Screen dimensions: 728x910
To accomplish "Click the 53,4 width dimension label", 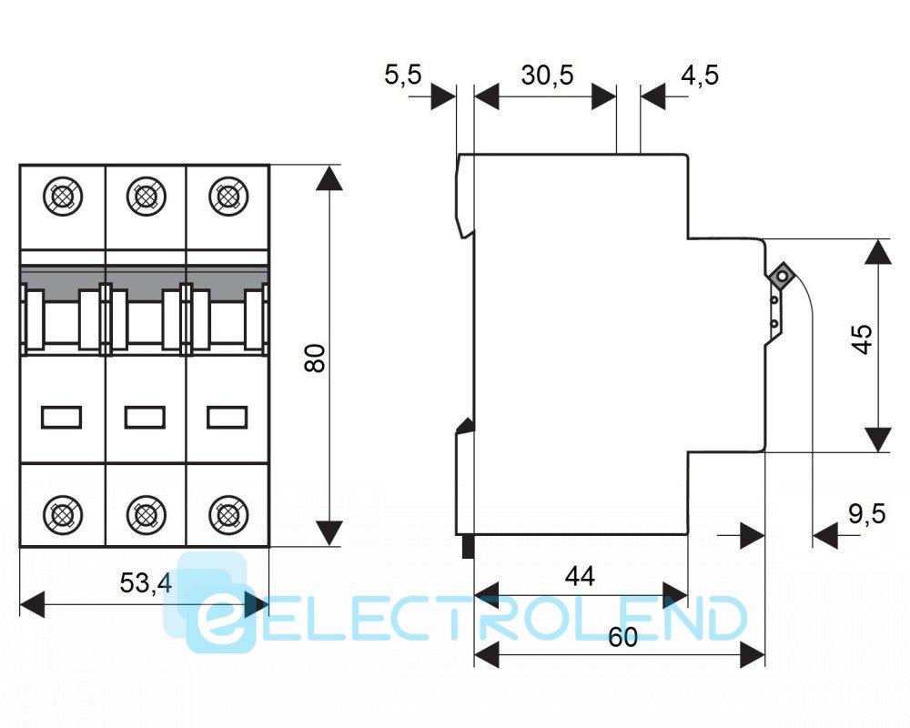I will [146, 582].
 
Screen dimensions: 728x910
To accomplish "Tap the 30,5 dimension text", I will [547, 75].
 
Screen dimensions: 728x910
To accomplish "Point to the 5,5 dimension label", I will [402, 75].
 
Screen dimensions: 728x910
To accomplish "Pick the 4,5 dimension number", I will [699, 75].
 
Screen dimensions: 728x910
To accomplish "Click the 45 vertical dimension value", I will [862, 339].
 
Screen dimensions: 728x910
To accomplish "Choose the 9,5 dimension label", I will [865, 514].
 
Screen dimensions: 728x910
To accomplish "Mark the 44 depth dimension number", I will [580, 575].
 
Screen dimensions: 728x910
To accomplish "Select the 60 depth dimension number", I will [622, 638].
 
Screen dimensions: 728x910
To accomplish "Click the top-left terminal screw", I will [62, 196].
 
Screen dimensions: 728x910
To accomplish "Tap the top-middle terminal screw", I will [144, 196].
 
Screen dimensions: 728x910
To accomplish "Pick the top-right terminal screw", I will [226, 196].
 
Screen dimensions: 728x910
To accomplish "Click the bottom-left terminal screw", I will [62, 515].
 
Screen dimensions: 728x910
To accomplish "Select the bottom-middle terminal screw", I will [144, 515].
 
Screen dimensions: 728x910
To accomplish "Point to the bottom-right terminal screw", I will [226, 515].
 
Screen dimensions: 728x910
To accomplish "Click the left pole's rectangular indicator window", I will [62, 417].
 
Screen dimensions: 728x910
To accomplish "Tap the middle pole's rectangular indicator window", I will [144, 417].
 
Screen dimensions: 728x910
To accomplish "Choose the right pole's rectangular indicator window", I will [226, 417].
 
